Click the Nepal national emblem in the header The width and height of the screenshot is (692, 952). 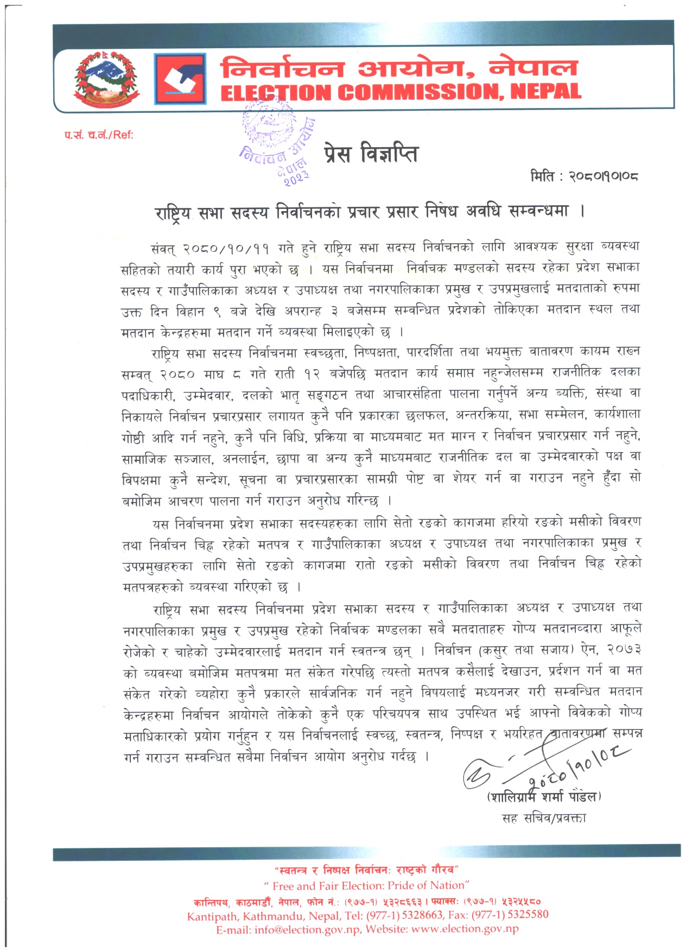(107, 79)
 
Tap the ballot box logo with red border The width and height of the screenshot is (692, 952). (180, 79)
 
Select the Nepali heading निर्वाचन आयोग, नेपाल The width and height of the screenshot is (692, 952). (399, 68)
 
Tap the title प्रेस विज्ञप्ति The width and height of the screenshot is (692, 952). (371, 154)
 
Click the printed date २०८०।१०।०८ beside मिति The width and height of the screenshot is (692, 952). (603, 176)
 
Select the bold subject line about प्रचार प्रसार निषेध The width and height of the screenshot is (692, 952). (370, 211)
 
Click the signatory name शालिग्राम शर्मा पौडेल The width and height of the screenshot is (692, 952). (544, 797)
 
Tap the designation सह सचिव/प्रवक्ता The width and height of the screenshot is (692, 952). (544, 817)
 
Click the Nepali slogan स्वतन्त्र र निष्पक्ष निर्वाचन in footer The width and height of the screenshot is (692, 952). (366, 870)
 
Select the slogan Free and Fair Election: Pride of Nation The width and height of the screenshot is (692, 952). (366, 886)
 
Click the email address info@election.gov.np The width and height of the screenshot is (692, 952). (307, 929)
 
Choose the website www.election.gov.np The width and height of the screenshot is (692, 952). (465, 929)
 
